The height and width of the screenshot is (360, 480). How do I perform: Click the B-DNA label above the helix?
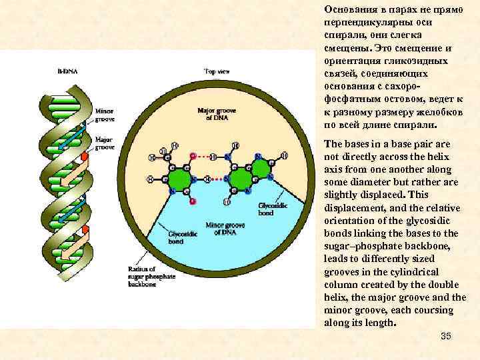pos(67,69)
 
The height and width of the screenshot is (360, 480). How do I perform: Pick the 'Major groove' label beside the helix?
pos(105,143)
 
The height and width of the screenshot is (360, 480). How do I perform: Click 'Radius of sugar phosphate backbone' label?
pos(146,276)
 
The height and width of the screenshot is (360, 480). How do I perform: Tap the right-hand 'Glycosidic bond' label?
pos(266,209)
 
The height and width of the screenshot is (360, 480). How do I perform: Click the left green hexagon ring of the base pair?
pos(179,180)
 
